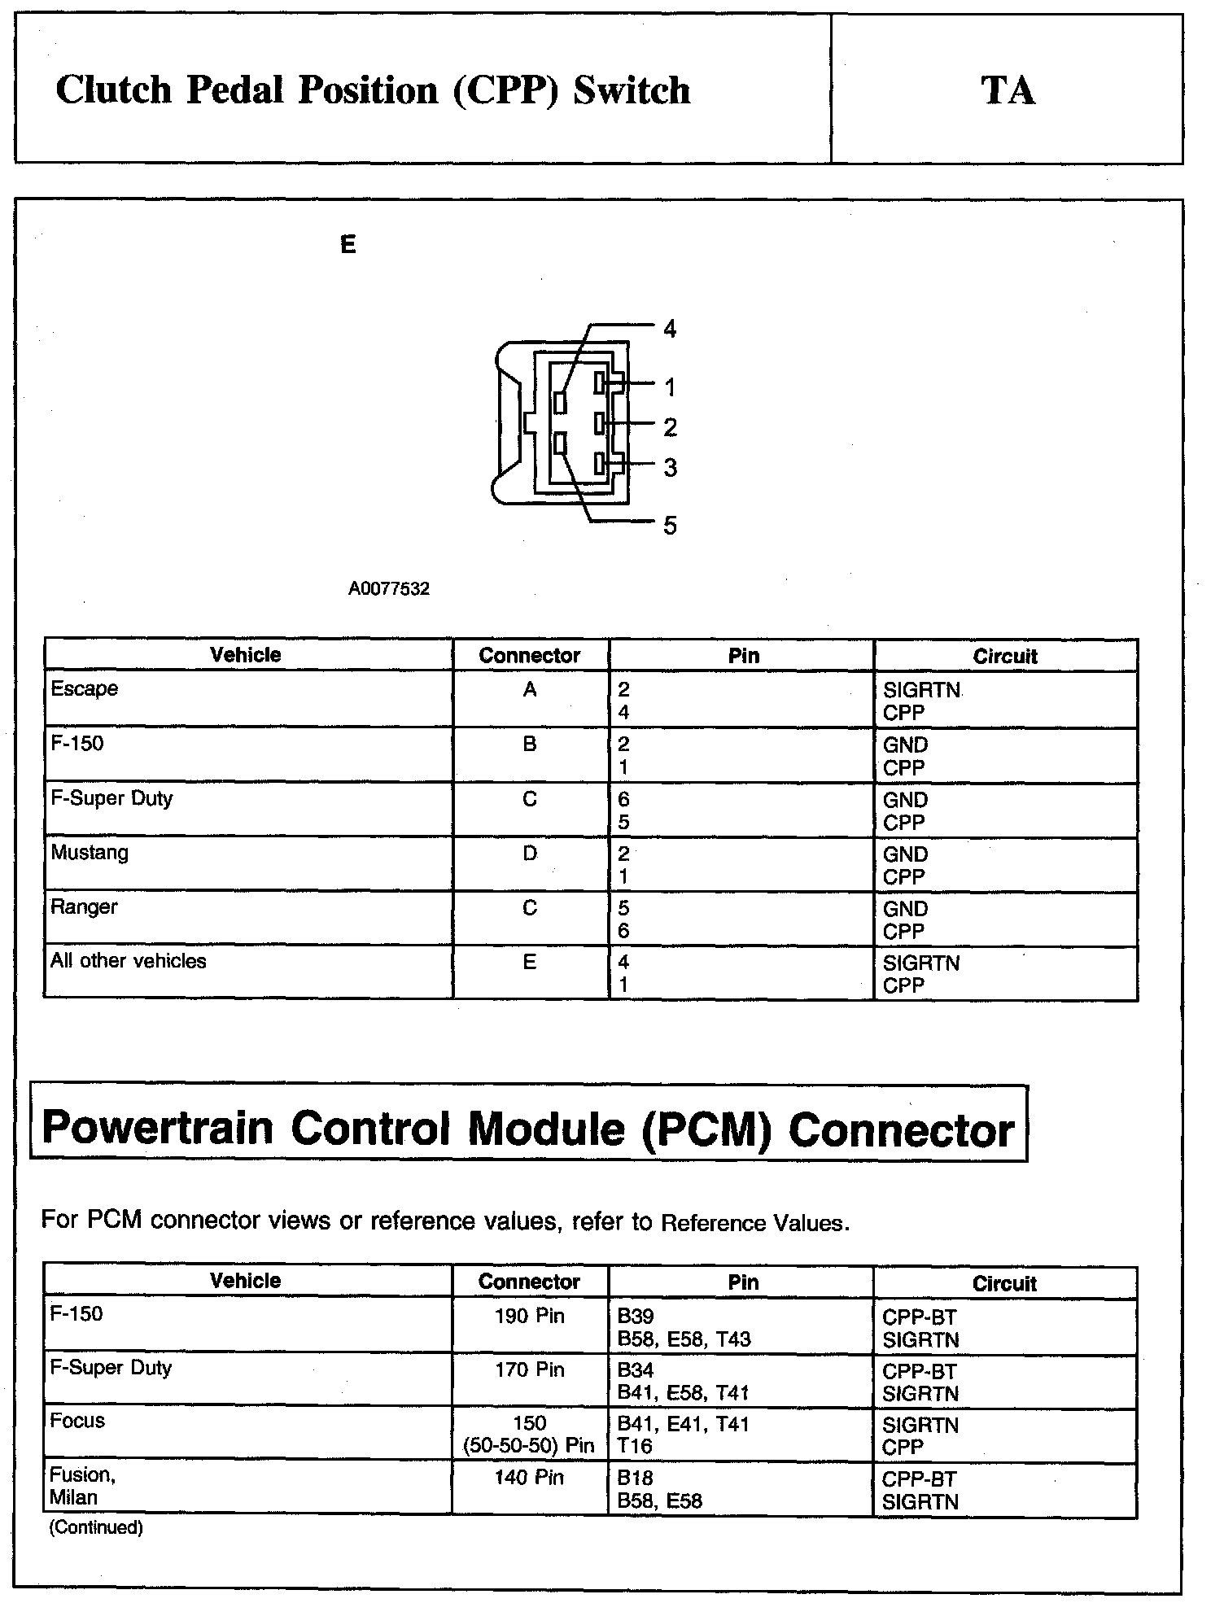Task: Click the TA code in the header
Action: (1008, 90)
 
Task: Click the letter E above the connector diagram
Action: (348, 244)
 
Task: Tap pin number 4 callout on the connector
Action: (669, 329)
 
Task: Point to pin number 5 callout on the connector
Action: (669, 526)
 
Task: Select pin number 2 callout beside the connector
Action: (670, 427)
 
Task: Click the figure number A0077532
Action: (388, 589)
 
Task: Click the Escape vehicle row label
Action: (84, 689)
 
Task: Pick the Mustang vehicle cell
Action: (90, 853)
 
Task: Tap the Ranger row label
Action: (84, 906)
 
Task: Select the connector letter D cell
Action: (530, 854)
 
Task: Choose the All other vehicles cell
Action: (129, 961)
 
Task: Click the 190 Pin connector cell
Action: (529, 1316)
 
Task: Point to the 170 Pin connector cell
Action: (529, 1369)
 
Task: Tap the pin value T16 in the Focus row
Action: (635, 1446)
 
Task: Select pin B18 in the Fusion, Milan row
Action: (635, 1478)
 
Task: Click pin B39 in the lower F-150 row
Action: (636, 1316)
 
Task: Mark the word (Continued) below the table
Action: (96, 1527)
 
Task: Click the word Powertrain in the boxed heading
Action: (157, 1129)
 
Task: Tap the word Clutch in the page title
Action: (114, 90)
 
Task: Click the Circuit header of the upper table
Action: (1005, 656)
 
